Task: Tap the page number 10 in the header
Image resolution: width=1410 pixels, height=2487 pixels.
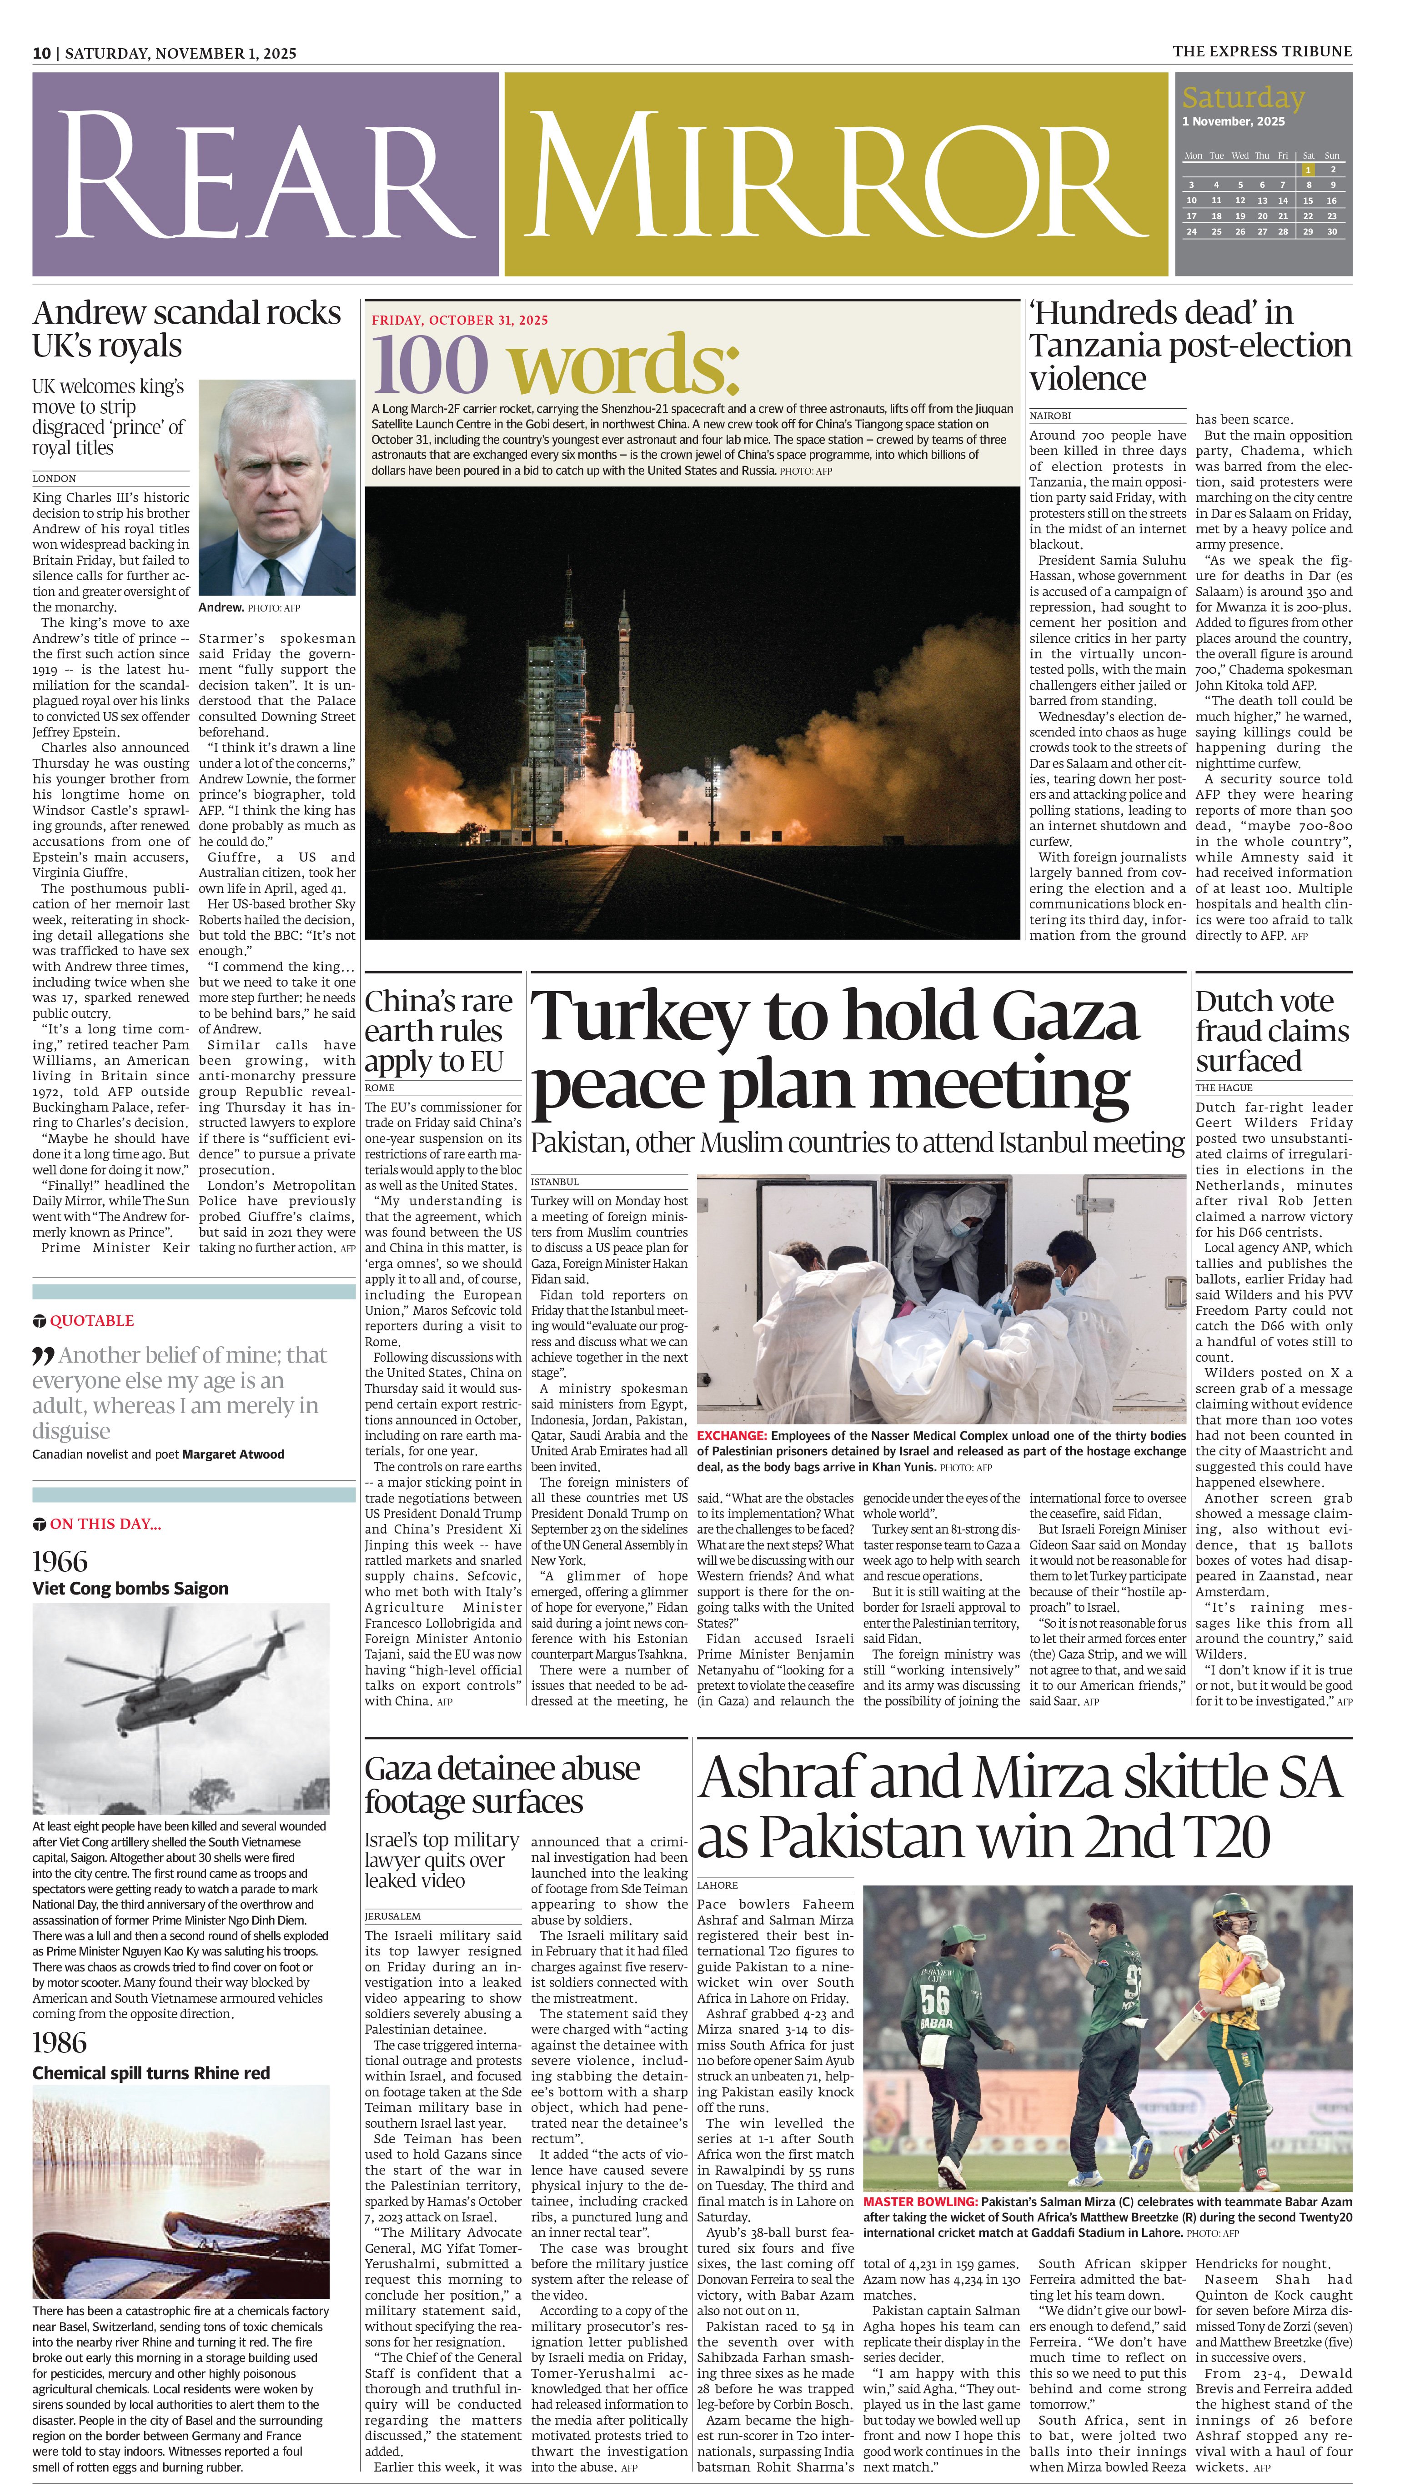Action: coord(42,53)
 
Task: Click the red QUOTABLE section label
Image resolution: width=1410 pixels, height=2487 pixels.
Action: coord(91,1320)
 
